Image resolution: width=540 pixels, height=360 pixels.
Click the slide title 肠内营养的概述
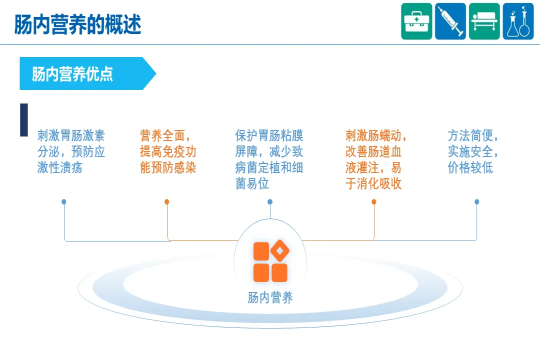[77, 24]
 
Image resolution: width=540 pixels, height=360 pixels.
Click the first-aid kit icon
[416, 21]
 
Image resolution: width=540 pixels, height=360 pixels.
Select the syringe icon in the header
[450, 21]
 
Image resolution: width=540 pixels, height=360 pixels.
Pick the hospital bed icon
[484, 21]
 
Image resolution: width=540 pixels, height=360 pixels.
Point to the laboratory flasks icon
[518, 21]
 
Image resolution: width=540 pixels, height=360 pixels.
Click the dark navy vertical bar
[24, 120]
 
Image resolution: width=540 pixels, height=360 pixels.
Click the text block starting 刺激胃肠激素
[71, 151]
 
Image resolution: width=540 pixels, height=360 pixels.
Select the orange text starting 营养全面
[168, 151]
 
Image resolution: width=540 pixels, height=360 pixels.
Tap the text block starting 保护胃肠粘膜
[269, 159]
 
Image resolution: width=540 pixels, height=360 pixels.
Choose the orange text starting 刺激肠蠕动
[376, 159]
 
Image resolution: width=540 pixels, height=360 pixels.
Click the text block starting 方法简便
[473, 151]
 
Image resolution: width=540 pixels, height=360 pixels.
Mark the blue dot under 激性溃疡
[64, 202]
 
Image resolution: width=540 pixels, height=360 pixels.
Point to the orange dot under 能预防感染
[167, 202]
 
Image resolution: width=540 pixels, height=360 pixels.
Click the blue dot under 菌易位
[270, 202]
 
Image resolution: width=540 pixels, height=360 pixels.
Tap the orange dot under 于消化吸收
[374, 202]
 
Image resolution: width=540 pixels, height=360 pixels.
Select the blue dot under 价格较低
[477, 202]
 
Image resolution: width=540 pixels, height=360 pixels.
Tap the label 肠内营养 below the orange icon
[270, 298]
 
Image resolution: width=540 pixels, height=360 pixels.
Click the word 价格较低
[470, 167]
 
